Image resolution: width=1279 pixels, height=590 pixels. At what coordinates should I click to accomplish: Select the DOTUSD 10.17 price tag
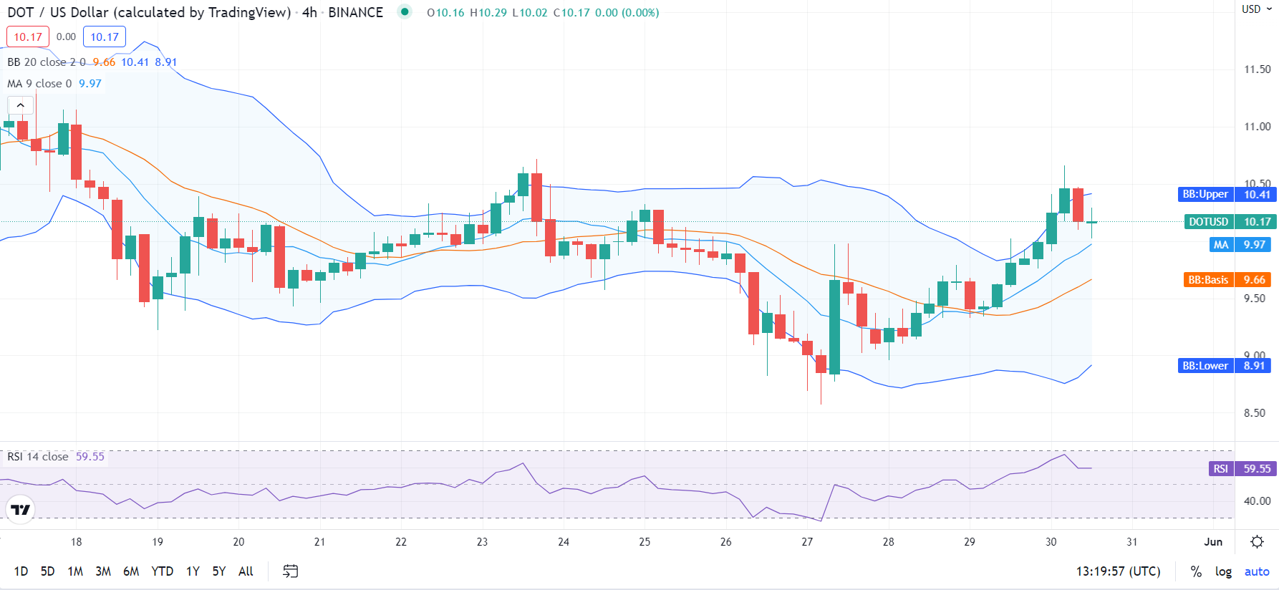[1230, 222]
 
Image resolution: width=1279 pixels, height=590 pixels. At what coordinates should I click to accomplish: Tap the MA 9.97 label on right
[1242, 245]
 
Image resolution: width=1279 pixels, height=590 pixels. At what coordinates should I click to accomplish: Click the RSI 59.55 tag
[1242, 469]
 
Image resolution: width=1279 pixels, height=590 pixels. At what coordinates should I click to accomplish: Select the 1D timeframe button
[21, 571]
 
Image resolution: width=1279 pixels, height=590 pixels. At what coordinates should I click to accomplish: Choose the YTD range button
[162, 571]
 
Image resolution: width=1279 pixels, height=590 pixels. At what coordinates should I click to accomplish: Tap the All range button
[246, 571]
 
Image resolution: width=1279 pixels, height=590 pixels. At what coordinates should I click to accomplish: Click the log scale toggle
[1223, 571]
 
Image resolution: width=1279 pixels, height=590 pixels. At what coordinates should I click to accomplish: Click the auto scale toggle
[1256, 571]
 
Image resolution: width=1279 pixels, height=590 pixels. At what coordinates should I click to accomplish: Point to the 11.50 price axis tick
[1257, 69]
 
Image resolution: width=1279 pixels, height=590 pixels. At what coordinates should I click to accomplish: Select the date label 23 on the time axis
[482, 542]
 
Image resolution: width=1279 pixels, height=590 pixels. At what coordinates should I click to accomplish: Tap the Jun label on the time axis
[1213, 542]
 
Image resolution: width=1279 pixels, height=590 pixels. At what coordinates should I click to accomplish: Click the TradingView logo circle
[21, 510]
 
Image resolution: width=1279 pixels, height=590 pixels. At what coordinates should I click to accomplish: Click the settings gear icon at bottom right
[1257, 542]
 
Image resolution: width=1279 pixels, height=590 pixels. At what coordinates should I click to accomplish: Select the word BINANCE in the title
[355, 12]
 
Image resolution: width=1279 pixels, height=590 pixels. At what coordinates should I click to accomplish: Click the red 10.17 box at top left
[28, 37]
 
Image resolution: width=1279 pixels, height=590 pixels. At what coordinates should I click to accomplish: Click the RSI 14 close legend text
[38, 457]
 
